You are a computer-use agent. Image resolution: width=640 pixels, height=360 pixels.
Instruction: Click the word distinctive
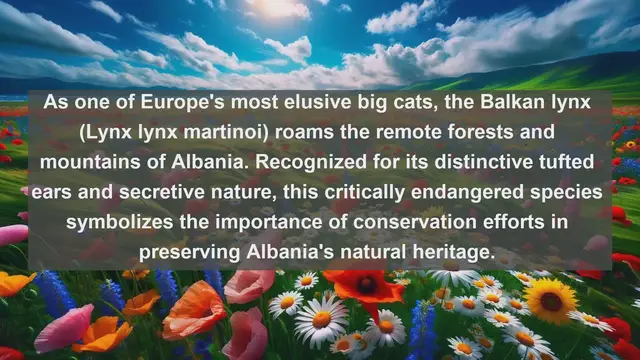pos(504,162)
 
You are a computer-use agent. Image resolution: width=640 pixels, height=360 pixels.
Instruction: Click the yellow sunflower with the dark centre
pos(553,299)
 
